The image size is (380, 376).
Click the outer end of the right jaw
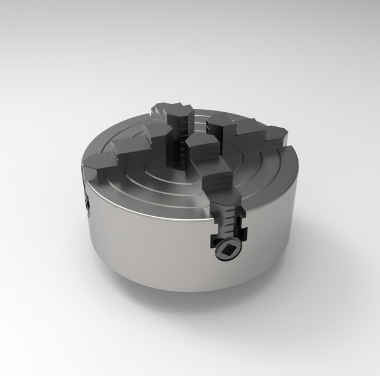[279, 134]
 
